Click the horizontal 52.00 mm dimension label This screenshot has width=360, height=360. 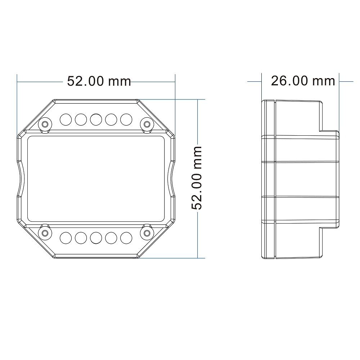click(x=99, y=81)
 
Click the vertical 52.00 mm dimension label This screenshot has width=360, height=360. click(x=197, y=178)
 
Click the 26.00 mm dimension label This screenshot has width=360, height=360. click(x=303, y=81)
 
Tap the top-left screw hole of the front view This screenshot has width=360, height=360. click(x=45, y=124)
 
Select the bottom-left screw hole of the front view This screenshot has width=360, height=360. click(x=45, y=233)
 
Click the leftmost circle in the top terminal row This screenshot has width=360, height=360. click(x=66, y=120)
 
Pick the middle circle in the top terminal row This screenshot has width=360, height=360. click(x=96, y=120)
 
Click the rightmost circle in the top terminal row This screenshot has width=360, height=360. click(x=126, y=120)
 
